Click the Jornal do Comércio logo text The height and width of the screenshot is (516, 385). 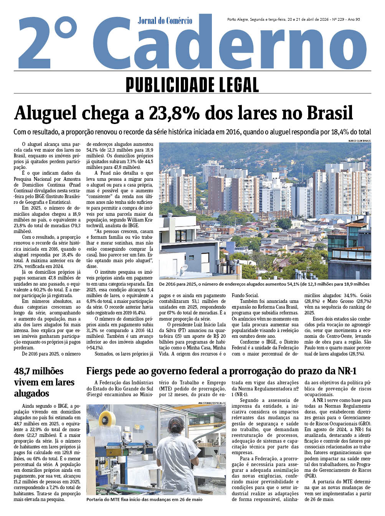(165, 21)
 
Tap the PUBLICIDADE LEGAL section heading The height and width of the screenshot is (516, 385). (192, 85)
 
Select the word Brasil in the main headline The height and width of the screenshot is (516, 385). (330, 113)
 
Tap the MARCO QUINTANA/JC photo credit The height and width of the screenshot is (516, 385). (360, 141)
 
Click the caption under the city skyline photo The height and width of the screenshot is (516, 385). (264, 284)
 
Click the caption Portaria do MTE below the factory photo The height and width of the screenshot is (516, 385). (144, 499)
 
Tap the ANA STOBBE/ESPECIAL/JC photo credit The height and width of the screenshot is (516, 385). (212, 403)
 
